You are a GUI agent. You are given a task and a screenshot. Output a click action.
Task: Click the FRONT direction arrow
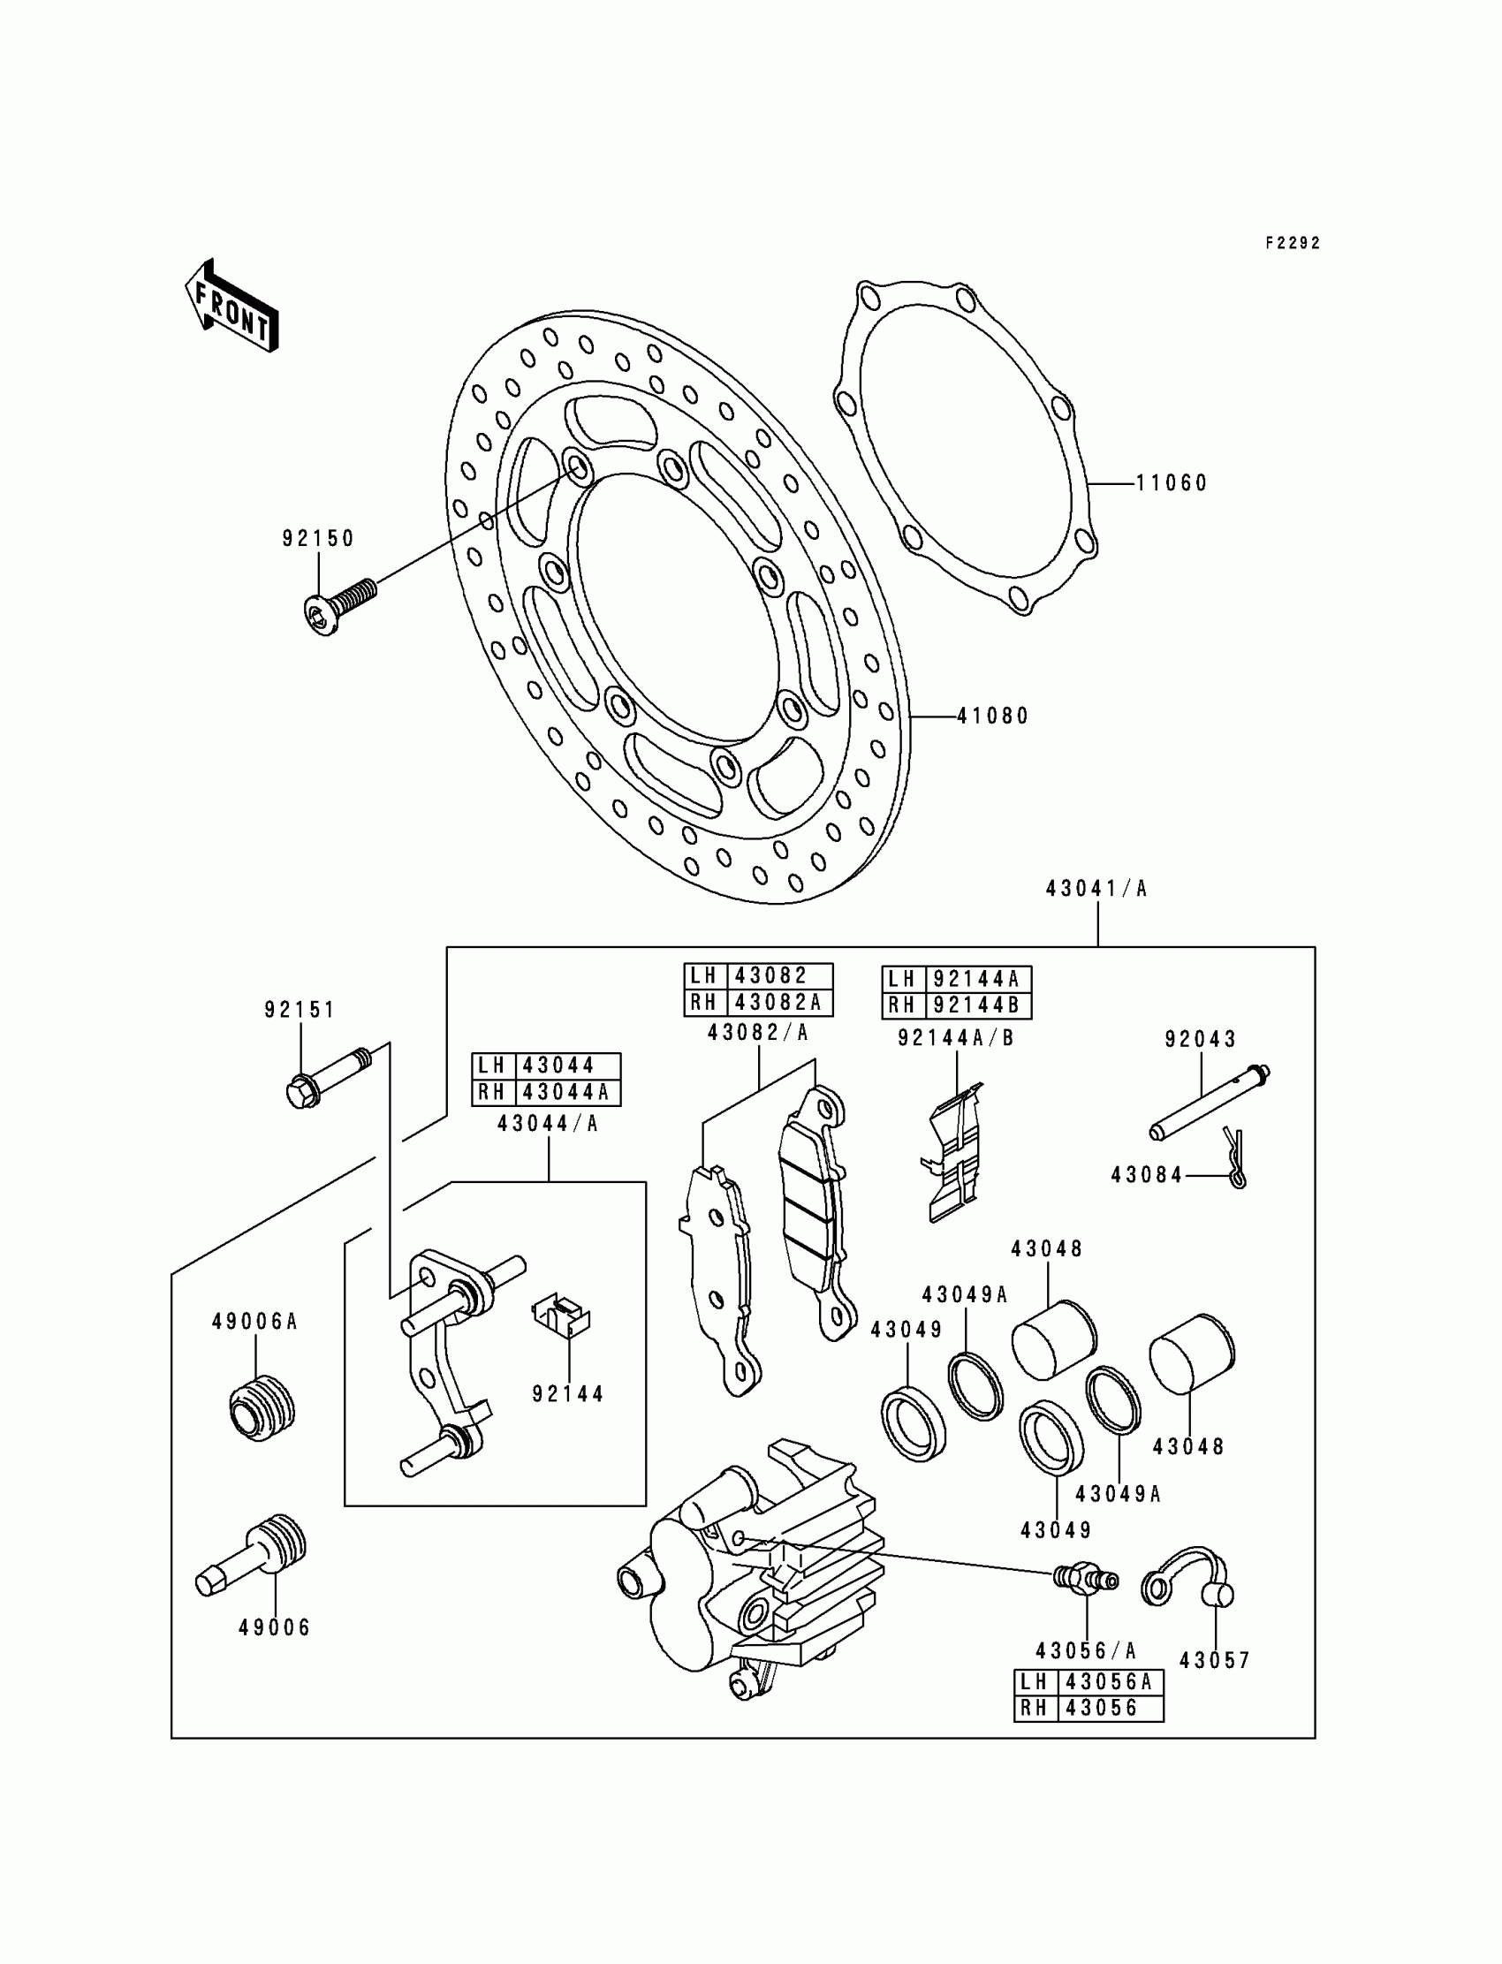pyautogui.click(x=231, y=306)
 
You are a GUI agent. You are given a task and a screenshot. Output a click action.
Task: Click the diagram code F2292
pyautogui.click(x=1292, y=243)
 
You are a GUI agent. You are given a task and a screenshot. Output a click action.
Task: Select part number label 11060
pyautogui.click(x=1172, y=483)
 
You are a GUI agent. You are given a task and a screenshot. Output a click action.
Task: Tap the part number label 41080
pyautogui.click(x=993, y=716)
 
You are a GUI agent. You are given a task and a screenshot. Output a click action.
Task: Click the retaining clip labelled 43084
pyautogui.click(x=1234, y=1158)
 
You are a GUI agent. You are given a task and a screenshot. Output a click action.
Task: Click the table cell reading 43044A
pyautogui.click(x=567, y=1092)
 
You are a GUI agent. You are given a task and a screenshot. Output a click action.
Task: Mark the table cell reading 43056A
pyautogui.click(x=1110, y=1682)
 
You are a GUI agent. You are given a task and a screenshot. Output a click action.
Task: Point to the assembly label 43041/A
pyautogui.click(x=1096, y=889)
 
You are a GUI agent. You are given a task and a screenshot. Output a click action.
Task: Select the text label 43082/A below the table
pyautogui.click(x=758, y=1033)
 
